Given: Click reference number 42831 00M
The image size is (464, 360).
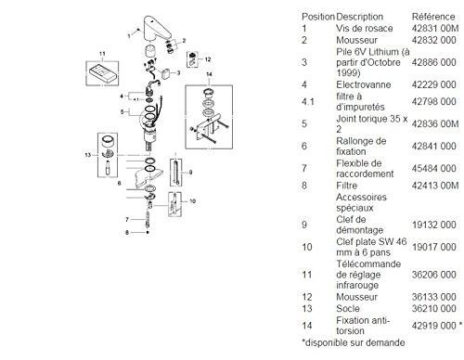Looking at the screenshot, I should [428, 29].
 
